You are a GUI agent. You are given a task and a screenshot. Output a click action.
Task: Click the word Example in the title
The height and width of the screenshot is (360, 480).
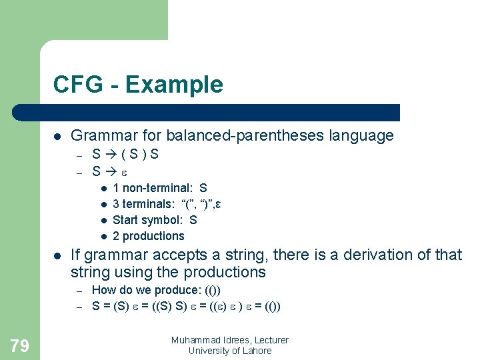(x=174, y=85)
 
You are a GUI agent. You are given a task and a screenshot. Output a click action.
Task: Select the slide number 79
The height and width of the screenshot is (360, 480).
(x=20, y=345)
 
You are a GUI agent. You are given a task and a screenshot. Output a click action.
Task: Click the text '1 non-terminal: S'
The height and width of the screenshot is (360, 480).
(x=159, y=189)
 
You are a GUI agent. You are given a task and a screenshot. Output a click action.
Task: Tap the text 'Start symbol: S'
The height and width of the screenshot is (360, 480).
(x=155, y=220)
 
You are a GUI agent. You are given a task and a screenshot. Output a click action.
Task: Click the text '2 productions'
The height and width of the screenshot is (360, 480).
(x=148, y=236)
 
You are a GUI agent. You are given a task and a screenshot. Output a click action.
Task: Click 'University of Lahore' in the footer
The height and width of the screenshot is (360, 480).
(x=230, y=351)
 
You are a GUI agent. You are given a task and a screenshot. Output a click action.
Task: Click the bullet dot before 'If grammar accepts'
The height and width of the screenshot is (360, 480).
(x=58, y=255)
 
